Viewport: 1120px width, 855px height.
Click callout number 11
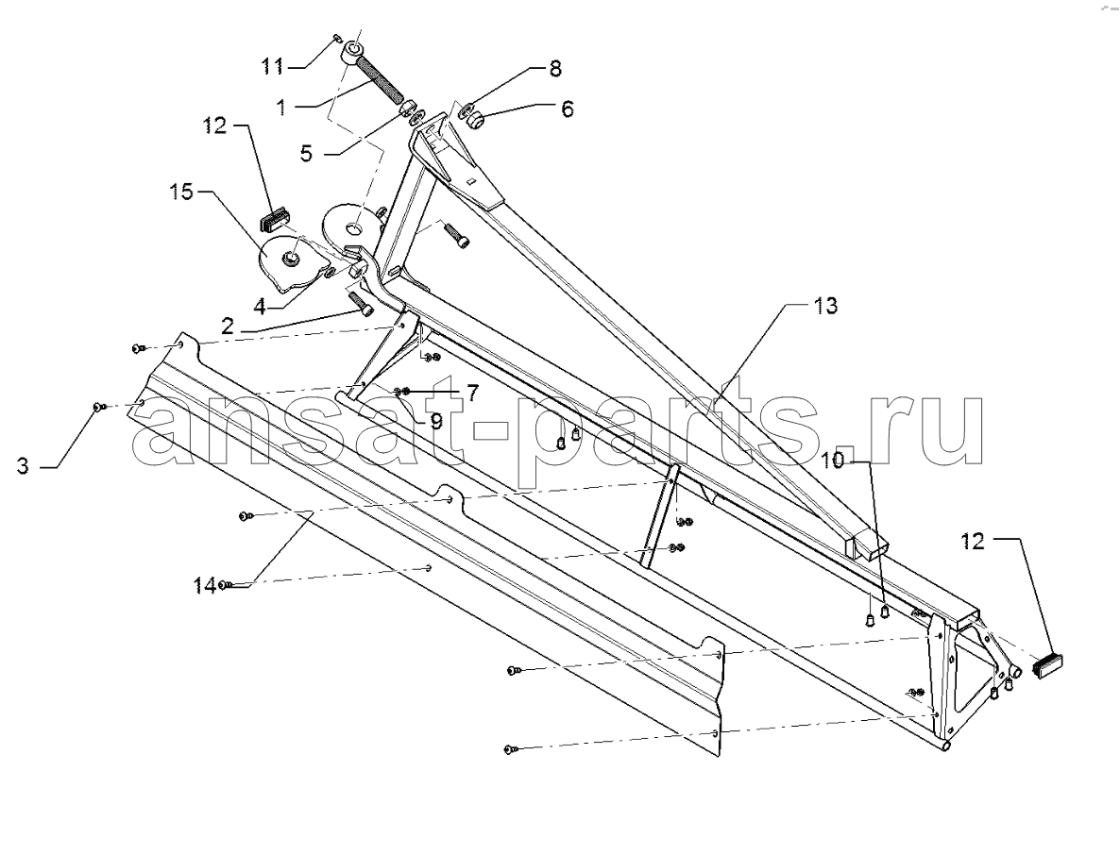(271, 67)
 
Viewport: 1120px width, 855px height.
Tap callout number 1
(280, 108)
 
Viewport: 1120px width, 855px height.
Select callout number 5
(306, 154)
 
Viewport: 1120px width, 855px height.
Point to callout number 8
(554, 69)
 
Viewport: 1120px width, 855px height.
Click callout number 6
(567, 109)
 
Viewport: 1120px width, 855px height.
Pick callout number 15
(181, 192)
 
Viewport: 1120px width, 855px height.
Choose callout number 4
(260, 308)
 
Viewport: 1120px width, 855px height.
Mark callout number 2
(228, 327)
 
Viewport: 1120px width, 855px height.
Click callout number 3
(24, 467)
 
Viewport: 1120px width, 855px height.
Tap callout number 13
(825, 306)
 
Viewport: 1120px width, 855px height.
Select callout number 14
(206, 586)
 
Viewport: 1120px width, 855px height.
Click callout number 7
(472, 392)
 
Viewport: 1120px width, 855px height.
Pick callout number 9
(435, 421)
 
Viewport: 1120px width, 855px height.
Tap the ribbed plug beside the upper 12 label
(277, 217)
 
